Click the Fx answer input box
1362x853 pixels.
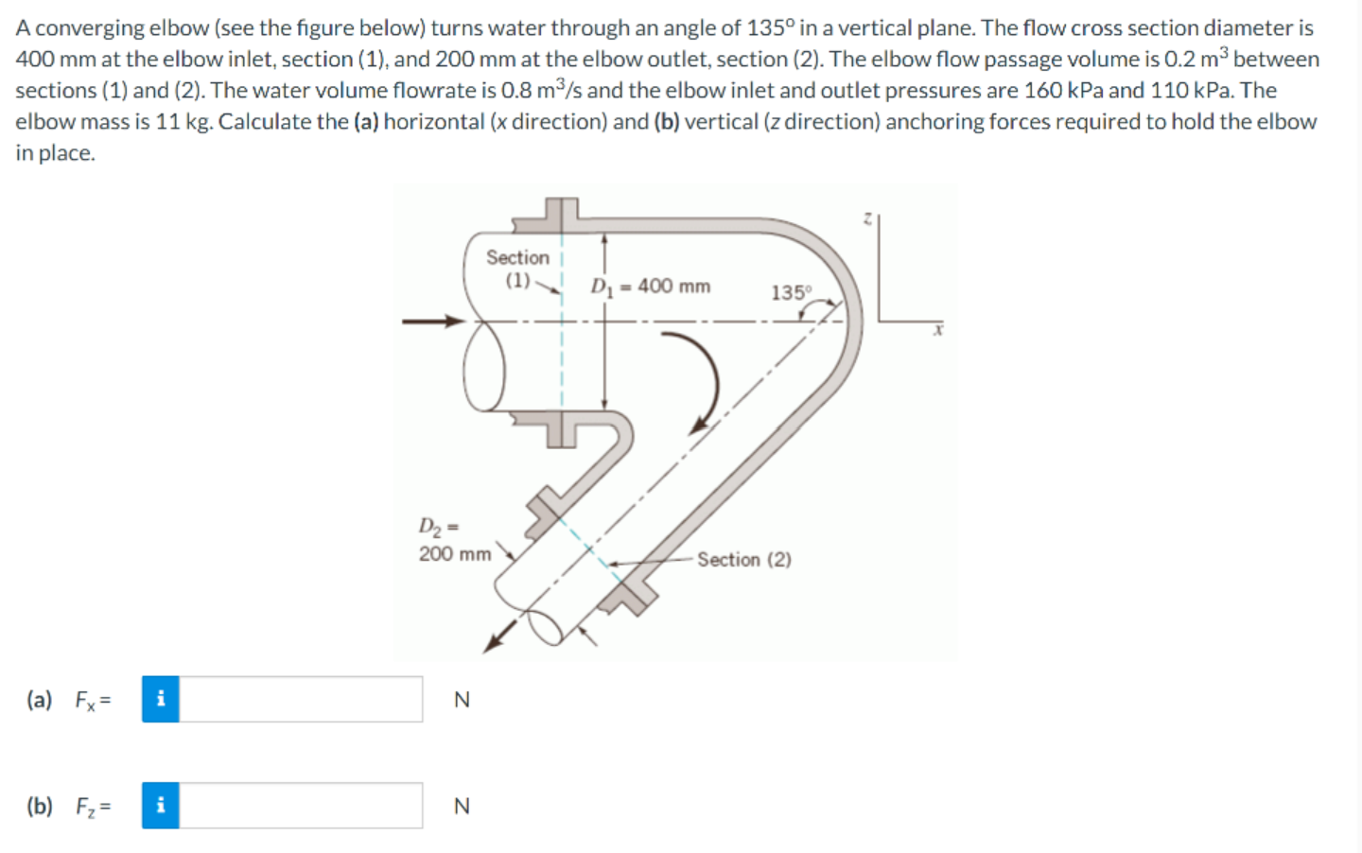click(301, 699)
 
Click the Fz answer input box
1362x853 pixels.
click(301, 806)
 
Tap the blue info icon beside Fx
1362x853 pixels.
click(161, 699)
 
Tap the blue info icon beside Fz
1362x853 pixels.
click(161, 806)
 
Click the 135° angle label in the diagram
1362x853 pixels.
click(791, 292)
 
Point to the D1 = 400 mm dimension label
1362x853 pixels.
click(651, 286)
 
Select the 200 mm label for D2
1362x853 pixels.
click(455, 554)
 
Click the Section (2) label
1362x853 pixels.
click(744, 559)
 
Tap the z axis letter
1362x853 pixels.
click(867, 218)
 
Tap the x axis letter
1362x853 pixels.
click(937, 330)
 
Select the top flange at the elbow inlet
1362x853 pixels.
click(560, 217)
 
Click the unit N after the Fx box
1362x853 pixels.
click(462, 700)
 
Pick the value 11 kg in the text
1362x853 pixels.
click(183, 121)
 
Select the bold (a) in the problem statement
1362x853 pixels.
click(365, 121)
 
